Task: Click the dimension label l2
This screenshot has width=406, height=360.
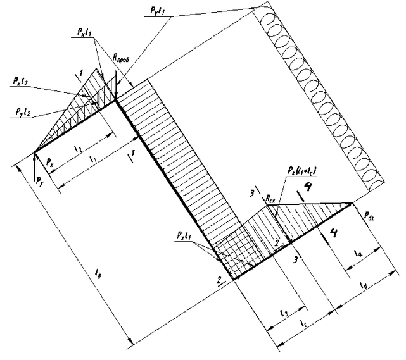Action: pos(77,149)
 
